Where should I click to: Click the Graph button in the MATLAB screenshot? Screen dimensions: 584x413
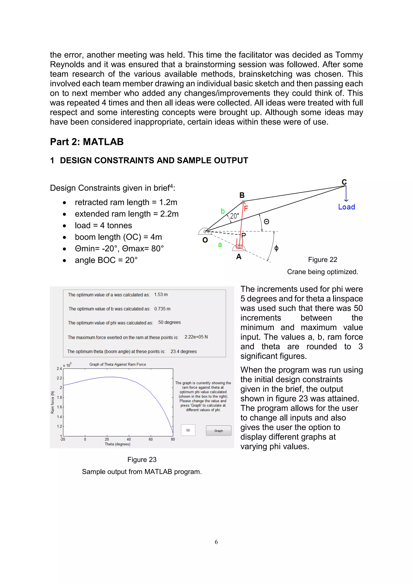click(218, 431)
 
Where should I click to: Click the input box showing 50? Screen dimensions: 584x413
click(188, 430)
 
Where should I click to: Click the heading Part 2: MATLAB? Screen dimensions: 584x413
click(87, 142)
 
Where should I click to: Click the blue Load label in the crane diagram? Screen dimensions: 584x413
click(346, 207)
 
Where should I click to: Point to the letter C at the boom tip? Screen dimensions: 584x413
click(344, 182)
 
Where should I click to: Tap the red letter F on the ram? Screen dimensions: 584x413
click(246, 209)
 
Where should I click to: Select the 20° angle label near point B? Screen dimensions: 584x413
click(235, 216)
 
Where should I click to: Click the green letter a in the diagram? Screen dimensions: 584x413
click(220, 245)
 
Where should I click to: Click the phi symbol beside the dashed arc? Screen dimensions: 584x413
click(276, 248)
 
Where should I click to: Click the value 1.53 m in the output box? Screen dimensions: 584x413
click(161, 295)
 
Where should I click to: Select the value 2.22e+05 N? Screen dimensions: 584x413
click(196, 337)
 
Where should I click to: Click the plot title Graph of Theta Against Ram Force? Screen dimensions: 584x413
click(118, 364)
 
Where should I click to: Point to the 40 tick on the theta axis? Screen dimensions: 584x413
click(129, 439)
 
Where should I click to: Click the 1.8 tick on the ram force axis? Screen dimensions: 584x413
click(59, 397)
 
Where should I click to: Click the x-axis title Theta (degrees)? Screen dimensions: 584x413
click(118, 444)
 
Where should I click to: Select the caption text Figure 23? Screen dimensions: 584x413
click(142, 459)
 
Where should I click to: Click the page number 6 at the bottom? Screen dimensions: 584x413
click(216, 542)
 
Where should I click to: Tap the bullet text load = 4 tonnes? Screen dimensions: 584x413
click(103, 225)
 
